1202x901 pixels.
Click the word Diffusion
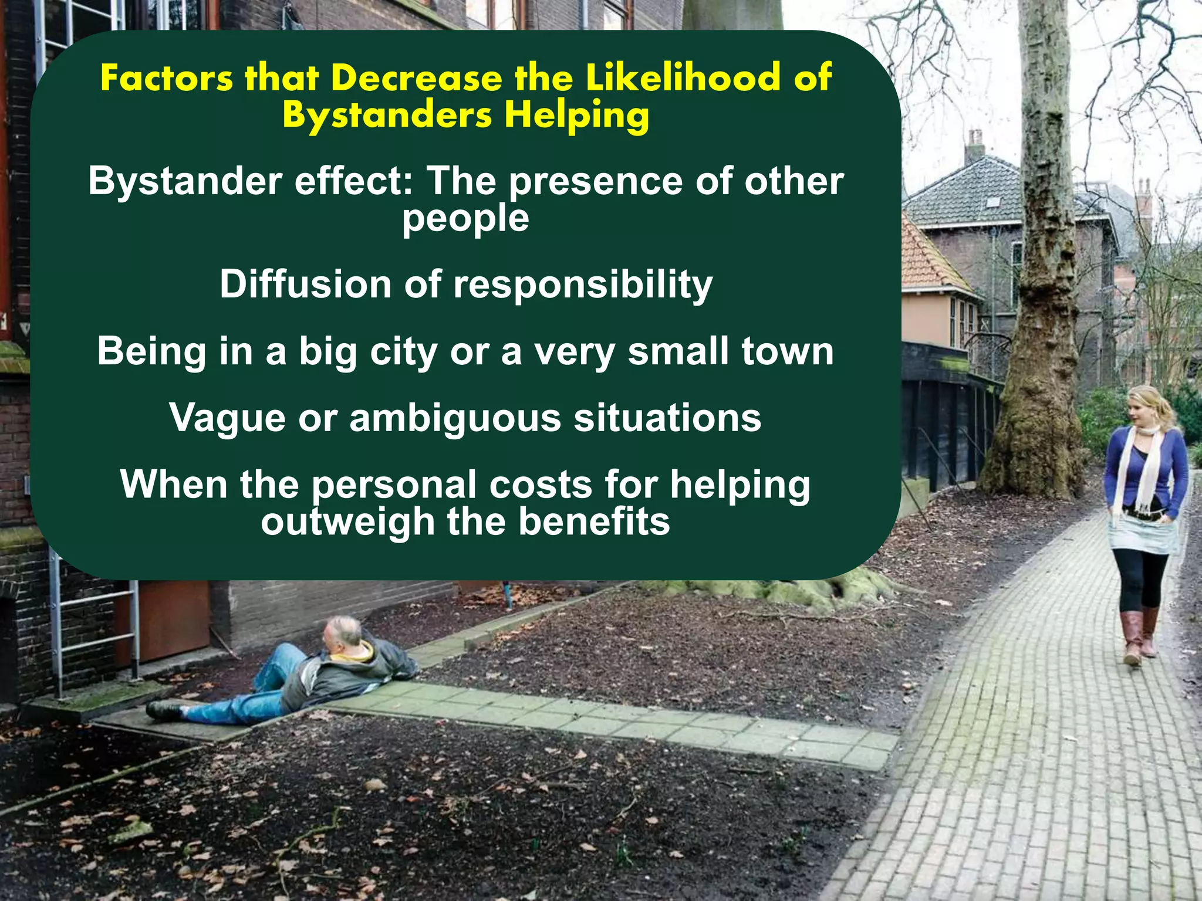pyautogui.click(x=306, y=284)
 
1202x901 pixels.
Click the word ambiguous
pyautogui.click(x=455, y=419)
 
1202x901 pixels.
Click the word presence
pyautogui.click(x=596, y=182)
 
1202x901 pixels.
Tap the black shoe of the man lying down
pyautogui.click(x=164, y=710)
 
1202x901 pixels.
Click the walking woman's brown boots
pyautogui.click(x=1139, y=636)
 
